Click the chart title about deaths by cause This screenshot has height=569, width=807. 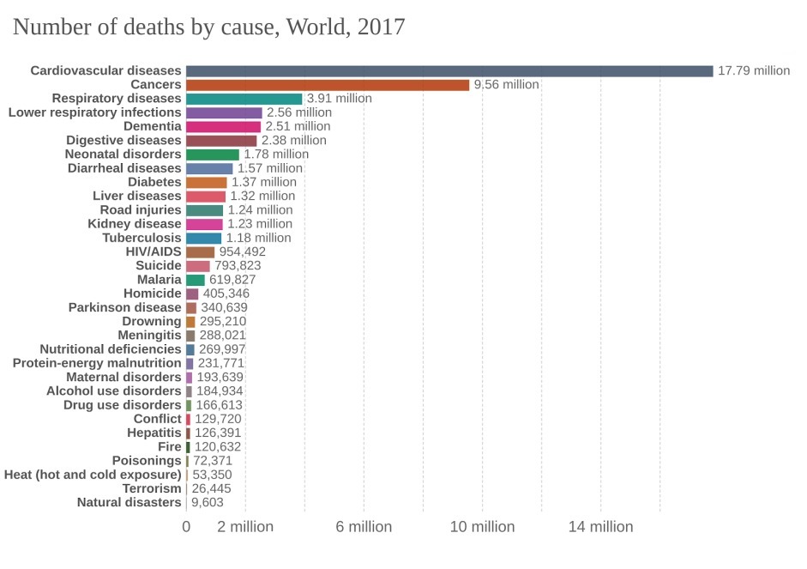208,27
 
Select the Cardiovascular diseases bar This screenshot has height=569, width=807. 449,71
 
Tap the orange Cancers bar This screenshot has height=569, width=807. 327,85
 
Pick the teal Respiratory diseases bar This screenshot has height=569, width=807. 244,99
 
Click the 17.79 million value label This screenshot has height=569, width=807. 753,71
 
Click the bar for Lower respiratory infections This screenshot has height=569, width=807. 224,112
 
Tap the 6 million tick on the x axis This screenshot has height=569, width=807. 364,527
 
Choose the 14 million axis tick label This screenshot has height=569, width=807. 600,527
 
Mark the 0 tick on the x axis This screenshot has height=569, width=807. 186,527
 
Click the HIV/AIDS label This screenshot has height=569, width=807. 154,251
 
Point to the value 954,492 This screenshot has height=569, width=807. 243,251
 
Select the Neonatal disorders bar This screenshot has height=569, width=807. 212,154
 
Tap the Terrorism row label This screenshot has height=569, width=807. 152,488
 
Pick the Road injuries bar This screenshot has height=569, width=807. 204,210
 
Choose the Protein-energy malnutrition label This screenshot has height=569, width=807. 97,363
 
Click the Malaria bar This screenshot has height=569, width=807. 196,280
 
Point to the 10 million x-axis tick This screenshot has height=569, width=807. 482,527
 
